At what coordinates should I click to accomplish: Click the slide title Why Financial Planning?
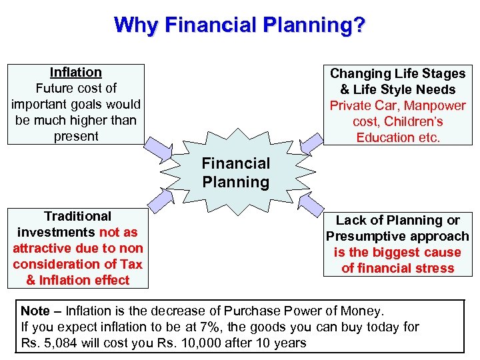pos(239,25)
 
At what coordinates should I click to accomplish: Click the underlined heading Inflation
pos(76,72)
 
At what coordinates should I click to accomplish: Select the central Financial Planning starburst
pos(236,173)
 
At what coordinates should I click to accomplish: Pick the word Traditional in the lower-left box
pos(77,216)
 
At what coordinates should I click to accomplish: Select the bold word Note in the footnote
pos(35,311)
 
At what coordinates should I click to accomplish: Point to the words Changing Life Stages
pos(397,73)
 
